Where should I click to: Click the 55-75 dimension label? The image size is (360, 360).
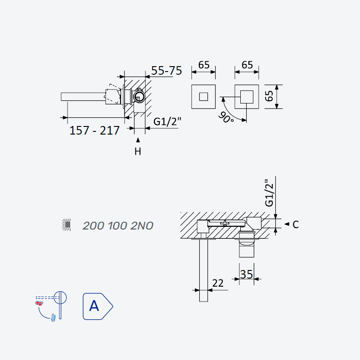(x=166, y=70)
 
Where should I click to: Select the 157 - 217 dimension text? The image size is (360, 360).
(x=94, y=130)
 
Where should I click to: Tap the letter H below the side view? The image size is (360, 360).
(x=138, y=152)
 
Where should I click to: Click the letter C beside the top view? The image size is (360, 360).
(x=296, y=225)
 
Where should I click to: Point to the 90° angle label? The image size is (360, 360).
(x=226, y=117)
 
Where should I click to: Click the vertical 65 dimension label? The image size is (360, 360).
(x=269, y=96)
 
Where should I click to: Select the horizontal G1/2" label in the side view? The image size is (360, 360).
(x=167, y=121)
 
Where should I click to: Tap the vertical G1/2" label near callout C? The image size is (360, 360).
(x=269, y=193)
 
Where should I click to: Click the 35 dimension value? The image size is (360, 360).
(x=246, y=274)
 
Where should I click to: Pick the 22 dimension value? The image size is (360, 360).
(x=218, y=283)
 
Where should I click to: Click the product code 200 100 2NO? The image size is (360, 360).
(x=118, y=226)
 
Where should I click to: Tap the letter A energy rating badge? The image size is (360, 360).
(x=98, y=306)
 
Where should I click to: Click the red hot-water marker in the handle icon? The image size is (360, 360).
(x=39, y=303)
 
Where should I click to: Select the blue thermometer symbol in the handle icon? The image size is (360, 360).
(x=53, y=318)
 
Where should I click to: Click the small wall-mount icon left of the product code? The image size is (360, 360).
(x=67, y=225)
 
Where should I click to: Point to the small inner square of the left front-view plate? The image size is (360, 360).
(x=203, y=97)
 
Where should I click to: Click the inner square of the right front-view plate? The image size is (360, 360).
(x=247, y=97)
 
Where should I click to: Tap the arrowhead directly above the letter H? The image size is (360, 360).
(x=138, y=140)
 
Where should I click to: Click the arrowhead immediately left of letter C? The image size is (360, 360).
(x=287, y=224)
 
